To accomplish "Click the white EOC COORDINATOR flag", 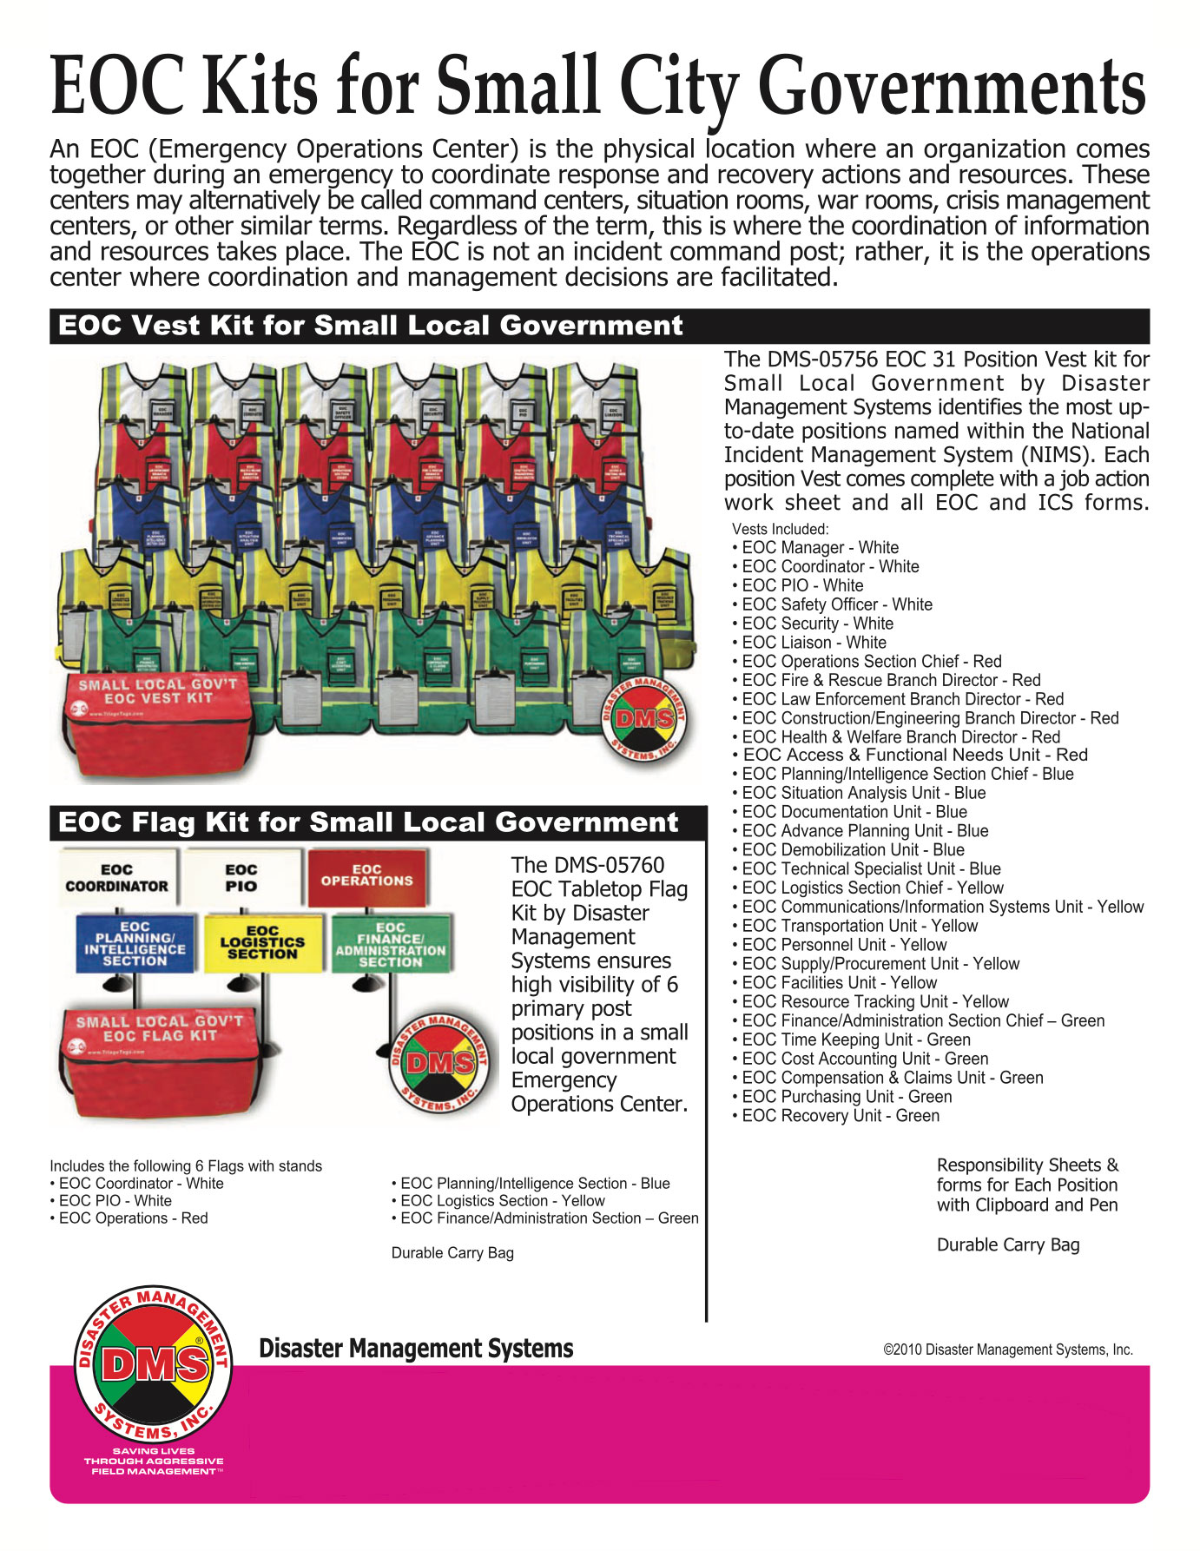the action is pyautogui.click(x=116, y=878).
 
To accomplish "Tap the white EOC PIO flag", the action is pyautogui.click(x=241, y=878).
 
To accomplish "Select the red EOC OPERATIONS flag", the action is pyautogui.click(x=366, y=875).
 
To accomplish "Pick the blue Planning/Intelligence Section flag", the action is pyautogui.click(x=135, y=944).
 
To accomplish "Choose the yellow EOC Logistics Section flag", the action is pyautogui.click(x=262, y=942).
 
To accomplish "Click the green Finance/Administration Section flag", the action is pyautogui.click(x=390, y=944).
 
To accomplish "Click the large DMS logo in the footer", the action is pyautogui.click(x=153, y=1364).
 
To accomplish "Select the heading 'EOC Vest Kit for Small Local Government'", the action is pyautogui.click(x=371, y=326).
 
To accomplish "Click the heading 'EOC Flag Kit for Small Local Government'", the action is pyautogui.click(x=368, y=822).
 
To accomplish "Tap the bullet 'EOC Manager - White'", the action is pyautogui.click(x=820, y=548).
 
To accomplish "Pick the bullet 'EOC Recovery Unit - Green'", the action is pyautogui.click(x=840, y=1116).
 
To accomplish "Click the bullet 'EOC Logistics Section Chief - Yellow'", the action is pyautogui.click(x=872, y=888).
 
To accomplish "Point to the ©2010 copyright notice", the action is pyautogui.click(x=1007, y=1350).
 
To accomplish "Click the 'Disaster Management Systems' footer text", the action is pyautogui.click(x=416, y=1349).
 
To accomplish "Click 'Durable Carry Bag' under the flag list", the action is pyautogui.click(x=452, y=1253).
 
